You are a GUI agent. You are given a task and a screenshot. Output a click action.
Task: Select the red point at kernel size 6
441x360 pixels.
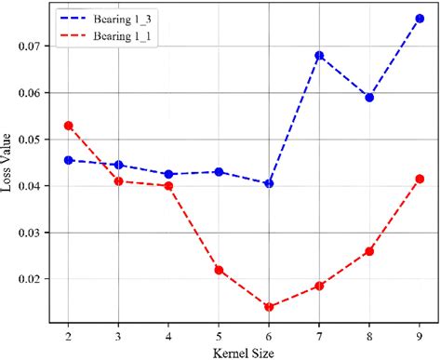pyautogui.click(x=269, y=307)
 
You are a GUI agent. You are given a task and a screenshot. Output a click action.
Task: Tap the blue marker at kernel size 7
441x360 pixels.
pyautogui.click(x=319, y=55)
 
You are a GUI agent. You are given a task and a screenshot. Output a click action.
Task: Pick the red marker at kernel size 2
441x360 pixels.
pyautogui.click(x=69, y=125)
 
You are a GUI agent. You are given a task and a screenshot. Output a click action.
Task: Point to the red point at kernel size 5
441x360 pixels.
pyautogui.click(x=219, y=270)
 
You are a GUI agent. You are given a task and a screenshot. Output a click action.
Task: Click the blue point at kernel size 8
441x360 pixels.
pyautogui.click(x=369, y=97)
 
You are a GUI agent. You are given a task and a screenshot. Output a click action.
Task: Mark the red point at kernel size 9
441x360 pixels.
pyautogui.click(x=420, y=179)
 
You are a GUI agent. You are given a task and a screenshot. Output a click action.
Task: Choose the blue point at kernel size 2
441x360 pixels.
pyautogui.click(x=69, y=160)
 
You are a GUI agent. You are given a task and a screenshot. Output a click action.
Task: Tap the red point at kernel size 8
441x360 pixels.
pyautogui.click(x=369, y=251)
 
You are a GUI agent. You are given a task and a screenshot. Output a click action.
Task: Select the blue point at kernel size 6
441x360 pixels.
pyautogui.click(x=269, y=183)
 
